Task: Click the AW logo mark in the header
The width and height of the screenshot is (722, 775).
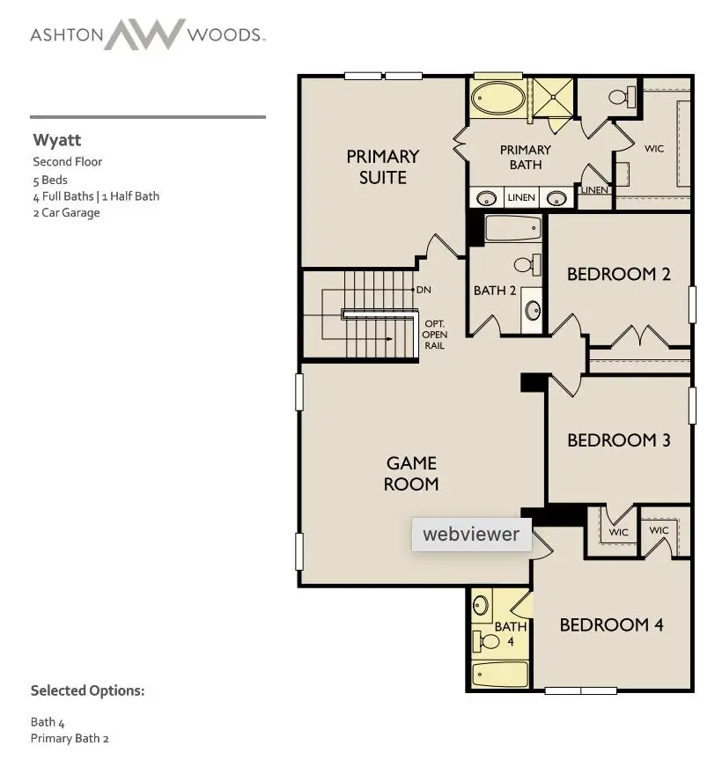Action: (x=145, y=35)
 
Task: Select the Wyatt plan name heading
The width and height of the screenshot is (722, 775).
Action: (x=57, y=140)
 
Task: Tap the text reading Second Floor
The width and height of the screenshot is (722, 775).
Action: (x=68, y=162)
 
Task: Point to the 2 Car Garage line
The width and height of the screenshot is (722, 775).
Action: (x=66, y=212)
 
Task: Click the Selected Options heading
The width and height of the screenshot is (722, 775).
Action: (x=87, y=690)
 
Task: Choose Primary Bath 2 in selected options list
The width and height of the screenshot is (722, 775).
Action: (x=70, y=738)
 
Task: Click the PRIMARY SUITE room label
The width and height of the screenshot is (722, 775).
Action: (x=382, y=166)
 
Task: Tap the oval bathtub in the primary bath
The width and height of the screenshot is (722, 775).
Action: (x=497, y=98)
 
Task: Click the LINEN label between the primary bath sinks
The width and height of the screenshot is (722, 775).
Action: (x=521, y=197)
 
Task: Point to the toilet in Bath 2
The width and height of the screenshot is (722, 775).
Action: (x=525, y=264)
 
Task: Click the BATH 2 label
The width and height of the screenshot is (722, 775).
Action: (x=495, y=291)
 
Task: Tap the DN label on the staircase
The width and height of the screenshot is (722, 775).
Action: (x=424, y=290)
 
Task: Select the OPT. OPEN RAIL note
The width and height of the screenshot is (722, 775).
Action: (x=435, y=335)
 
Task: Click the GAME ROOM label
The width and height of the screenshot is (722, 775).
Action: (x=411, y=473)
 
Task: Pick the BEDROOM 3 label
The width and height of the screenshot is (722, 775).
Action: (x=618, y=439)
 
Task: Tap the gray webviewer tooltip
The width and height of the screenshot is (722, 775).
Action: (x=471, y=534)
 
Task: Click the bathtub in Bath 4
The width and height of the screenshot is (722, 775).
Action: (x=500, y=675)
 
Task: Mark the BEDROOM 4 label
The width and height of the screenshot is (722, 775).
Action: (x=611, y=624)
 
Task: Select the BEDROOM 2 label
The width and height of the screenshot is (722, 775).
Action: (x=618, y=274)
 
